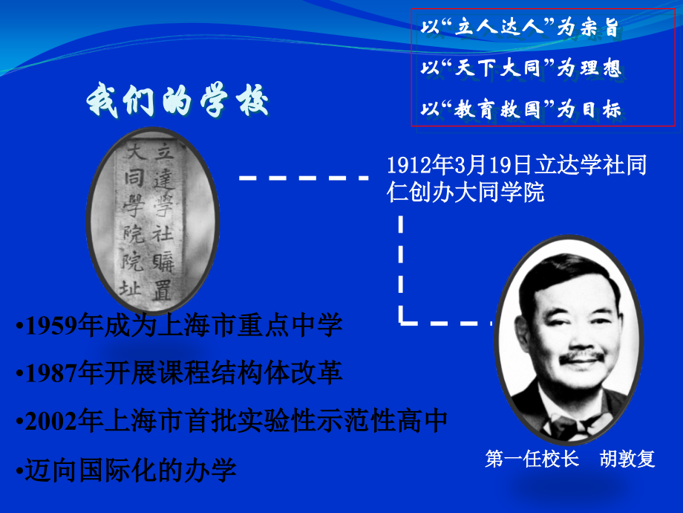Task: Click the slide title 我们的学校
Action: tap(177, 100)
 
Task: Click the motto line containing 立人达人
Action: tap(519, 28)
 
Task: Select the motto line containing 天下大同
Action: tap(519, 69)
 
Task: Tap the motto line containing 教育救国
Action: tap(519, 110)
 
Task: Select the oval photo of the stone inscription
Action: tap(152, 219)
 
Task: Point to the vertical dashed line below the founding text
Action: tap(401, 268)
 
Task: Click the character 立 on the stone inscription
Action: tap(163, 153)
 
